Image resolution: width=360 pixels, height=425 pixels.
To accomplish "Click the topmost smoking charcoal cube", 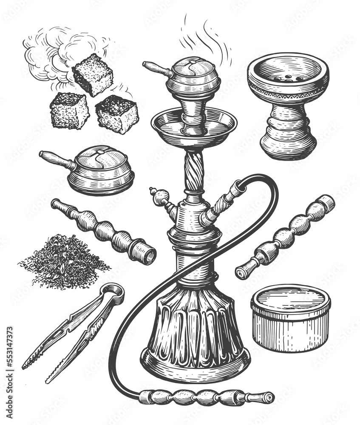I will point(93,75).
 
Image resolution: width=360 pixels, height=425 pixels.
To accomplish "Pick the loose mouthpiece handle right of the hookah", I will point(285,237).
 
